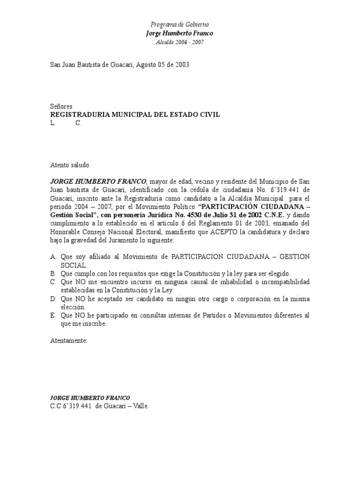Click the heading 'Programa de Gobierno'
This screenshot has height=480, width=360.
[180, 24]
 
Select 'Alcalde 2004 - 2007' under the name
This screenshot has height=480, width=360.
[180, 42]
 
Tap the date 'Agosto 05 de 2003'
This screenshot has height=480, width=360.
[162, 65]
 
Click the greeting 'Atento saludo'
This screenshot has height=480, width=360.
[69, 165]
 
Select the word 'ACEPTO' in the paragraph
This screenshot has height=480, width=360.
[212, 232]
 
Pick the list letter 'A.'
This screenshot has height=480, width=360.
[53, 257]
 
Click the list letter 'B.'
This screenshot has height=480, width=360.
[53, 274]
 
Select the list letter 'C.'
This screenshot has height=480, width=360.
[53, 282]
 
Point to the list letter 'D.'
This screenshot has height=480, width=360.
[53, 299]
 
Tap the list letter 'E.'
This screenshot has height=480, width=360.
[53, 315]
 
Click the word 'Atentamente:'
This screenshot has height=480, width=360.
[69, 341]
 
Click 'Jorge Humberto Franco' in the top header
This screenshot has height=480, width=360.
[180, 33]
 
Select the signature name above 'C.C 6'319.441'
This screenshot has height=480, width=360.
[90, 397]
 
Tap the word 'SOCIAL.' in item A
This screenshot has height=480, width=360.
[74, 265]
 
